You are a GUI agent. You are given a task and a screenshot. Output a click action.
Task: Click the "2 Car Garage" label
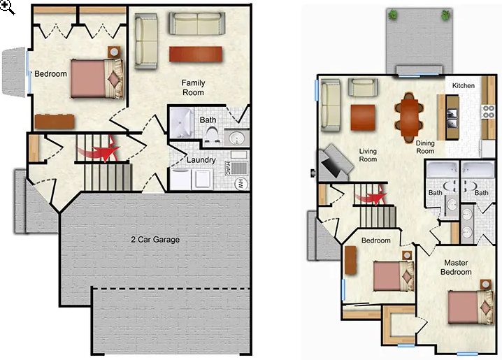click(155, 240)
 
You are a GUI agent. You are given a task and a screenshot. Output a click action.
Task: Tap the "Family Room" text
click(193, 87)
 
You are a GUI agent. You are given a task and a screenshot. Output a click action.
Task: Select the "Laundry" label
click(201, 160)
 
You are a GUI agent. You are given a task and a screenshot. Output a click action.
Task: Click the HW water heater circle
click(241, 184)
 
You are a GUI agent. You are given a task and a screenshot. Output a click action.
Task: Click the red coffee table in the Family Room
click(196, 54)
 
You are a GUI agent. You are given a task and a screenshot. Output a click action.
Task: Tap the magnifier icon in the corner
click(7, 7)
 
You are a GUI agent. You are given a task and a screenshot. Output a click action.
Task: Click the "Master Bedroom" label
click(456, 267)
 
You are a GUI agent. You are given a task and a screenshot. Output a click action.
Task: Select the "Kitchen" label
click(464, 85)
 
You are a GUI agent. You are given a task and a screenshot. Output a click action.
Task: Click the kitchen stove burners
click(488, 112)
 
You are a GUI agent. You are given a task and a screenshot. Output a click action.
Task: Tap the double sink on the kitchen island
click(452, 117)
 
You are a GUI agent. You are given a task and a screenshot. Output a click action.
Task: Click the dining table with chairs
click(408, 117)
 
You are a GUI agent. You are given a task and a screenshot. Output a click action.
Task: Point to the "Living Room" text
click(368, 155)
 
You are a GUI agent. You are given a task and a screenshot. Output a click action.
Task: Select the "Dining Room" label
click(425, 147)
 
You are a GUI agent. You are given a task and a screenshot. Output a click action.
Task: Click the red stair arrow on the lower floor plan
click(99, 150)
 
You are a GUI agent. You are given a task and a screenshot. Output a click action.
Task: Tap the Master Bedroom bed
click(471, 307)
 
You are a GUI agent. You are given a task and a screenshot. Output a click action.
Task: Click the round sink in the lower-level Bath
click(236, 138)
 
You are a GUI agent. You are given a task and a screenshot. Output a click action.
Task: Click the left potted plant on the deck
click(392, 15)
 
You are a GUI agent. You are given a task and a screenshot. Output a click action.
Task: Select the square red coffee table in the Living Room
click(363, 117)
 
